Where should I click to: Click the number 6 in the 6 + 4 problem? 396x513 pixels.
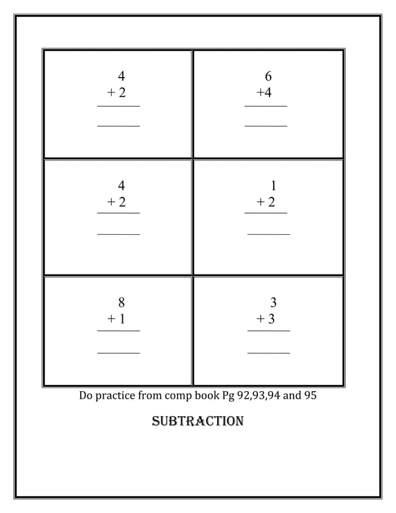pos(268,77)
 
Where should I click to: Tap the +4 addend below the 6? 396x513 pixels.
pos(264,93)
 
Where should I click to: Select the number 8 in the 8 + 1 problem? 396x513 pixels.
pos(121,303)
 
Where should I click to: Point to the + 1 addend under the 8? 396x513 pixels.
pos(116,319)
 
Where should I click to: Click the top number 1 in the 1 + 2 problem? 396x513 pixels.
pos(274,186)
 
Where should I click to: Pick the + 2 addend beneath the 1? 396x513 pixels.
pos(266,202)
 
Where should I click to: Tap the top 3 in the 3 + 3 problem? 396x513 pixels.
pos(273,303)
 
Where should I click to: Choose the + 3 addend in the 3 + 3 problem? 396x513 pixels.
pos(266,319)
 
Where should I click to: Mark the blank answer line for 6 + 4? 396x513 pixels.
pos(266,126)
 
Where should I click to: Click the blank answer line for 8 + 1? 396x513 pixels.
pos(119,353)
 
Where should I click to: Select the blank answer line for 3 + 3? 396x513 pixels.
pos(269,353)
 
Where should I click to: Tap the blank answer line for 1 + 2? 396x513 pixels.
pos(269,234)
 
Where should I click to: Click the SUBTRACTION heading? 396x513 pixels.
pos(197,422)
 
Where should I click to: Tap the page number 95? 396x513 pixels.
pos(310,395)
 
